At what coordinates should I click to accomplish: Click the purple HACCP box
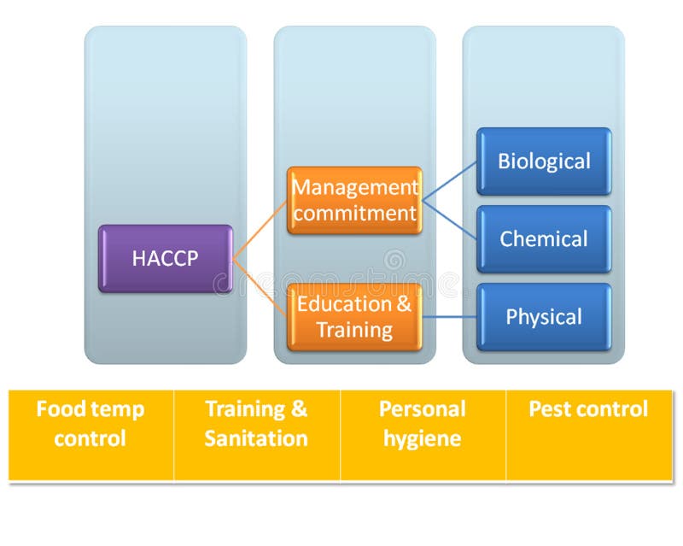pyautogui.click(x=165, y=259)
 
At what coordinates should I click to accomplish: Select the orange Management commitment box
pyautogui.click(x=354, y=200)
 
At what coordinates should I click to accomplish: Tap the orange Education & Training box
pyautogui.click(x=354, y=317)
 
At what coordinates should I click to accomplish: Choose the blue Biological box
pyautogui.click(x=544, y=161)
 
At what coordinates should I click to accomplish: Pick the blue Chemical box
pyautogui.click(x=544, y=239)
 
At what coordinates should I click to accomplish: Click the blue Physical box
pyautogui.click(x=544, y=317)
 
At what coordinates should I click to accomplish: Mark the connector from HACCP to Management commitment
pyautogui.click(x=260, y=230)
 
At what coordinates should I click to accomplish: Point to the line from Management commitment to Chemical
pyautogui.click(x=449, y=220)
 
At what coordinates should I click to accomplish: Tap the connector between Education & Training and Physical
pyautogui.click(x=449, y=317)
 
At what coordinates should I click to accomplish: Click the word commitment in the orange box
pyautogui.click(x=354, y=214)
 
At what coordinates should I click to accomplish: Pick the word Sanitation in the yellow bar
pyautogui.click(x=256, y=439)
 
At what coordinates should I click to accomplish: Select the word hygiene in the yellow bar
pyautogui.click(x=423, y=439)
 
